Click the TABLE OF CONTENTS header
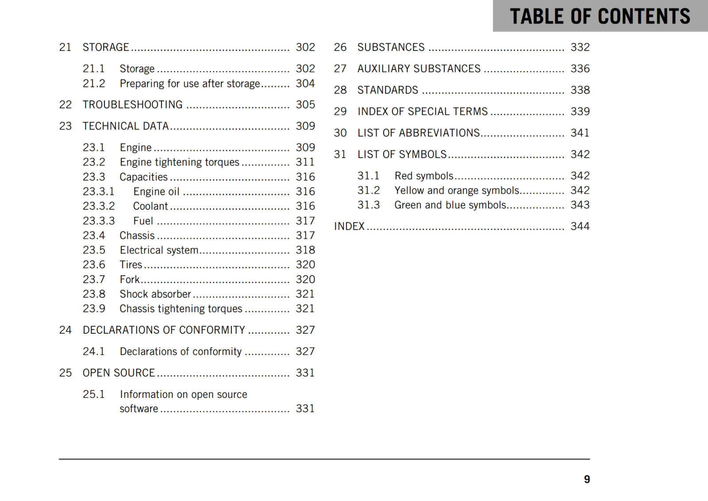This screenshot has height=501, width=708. pos(600,16)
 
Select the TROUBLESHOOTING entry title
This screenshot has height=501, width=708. pos(132,105)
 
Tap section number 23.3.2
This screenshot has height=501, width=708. pos(99,206)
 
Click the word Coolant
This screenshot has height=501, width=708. pos(150,206)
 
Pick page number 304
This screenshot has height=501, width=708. pos(305,84)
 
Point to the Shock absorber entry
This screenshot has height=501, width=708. pos(155,294)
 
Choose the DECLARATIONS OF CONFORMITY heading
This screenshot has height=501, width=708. pos(164,330)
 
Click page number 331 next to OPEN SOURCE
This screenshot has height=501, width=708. pos(305,373)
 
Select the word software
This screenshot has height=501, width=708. pos(139,409)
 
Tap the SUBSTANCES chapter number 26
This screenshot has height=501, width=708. pos(340,47)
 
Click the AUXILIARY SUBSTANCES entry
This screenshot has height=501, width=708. pos(419,69)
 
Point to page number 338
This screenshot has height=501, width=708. pos(580,90)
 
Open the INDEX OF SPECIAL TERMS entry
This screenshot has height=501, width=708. pos(423,112)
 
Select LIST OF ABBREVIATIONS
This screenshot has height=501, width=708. pos(419,133)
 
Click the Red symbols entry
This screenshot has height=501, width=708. pos(424,176)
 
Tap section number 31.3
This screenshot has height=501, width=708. pos(369,205)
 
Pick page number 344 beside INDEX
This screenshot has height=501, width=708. pos(580,227)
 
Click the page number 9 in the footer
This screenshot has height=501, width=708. pos(587,479)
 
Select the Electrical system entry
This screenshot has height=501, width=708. pos(159,250)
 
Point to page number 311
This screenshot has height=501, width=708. pos(305,162)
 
